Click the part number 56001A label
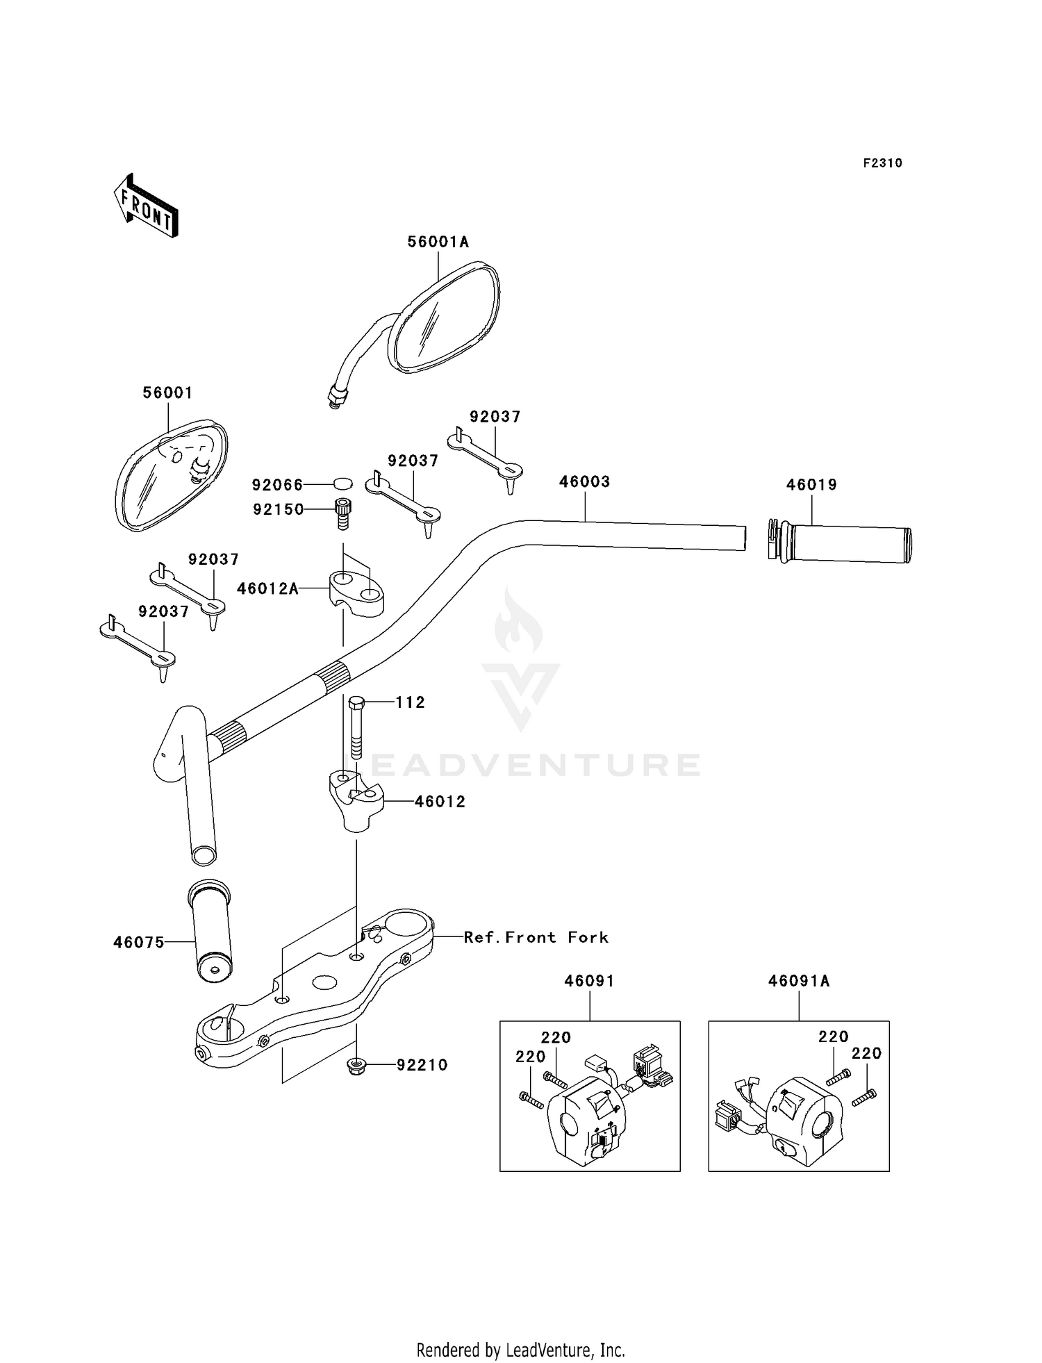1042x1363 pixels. click(x=438, y=242)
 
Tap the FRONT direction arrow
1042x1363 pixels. click(x=146, y=207)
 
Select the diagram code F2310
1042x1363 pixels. click(x=882, y=163)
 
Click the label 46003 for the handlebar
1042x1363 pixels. click(x=584, y=482)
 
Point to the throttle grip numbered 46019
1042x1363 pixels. click(x=840, y=543)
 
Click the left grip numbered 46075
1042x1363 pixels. click(x=210, y=932)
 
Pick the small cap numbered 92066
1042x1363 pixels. click(x=342, y=484)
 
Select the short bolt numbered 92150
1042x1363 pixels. click(x=342, y=514)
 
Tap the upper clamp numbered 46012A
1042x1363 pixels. click(x=356, y=592)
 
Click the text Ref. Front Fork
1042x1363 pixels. click(x=536, y=937)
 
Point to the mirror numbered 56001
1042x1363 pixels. click(x=171, y=475)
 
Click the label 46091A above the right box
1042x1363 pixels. click(x=799, y=981)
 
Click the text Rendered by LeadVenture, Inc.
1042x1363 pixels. click(x=521, y=1350)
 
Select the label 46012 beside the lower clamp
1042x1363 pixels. click(x=440, y=802)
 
